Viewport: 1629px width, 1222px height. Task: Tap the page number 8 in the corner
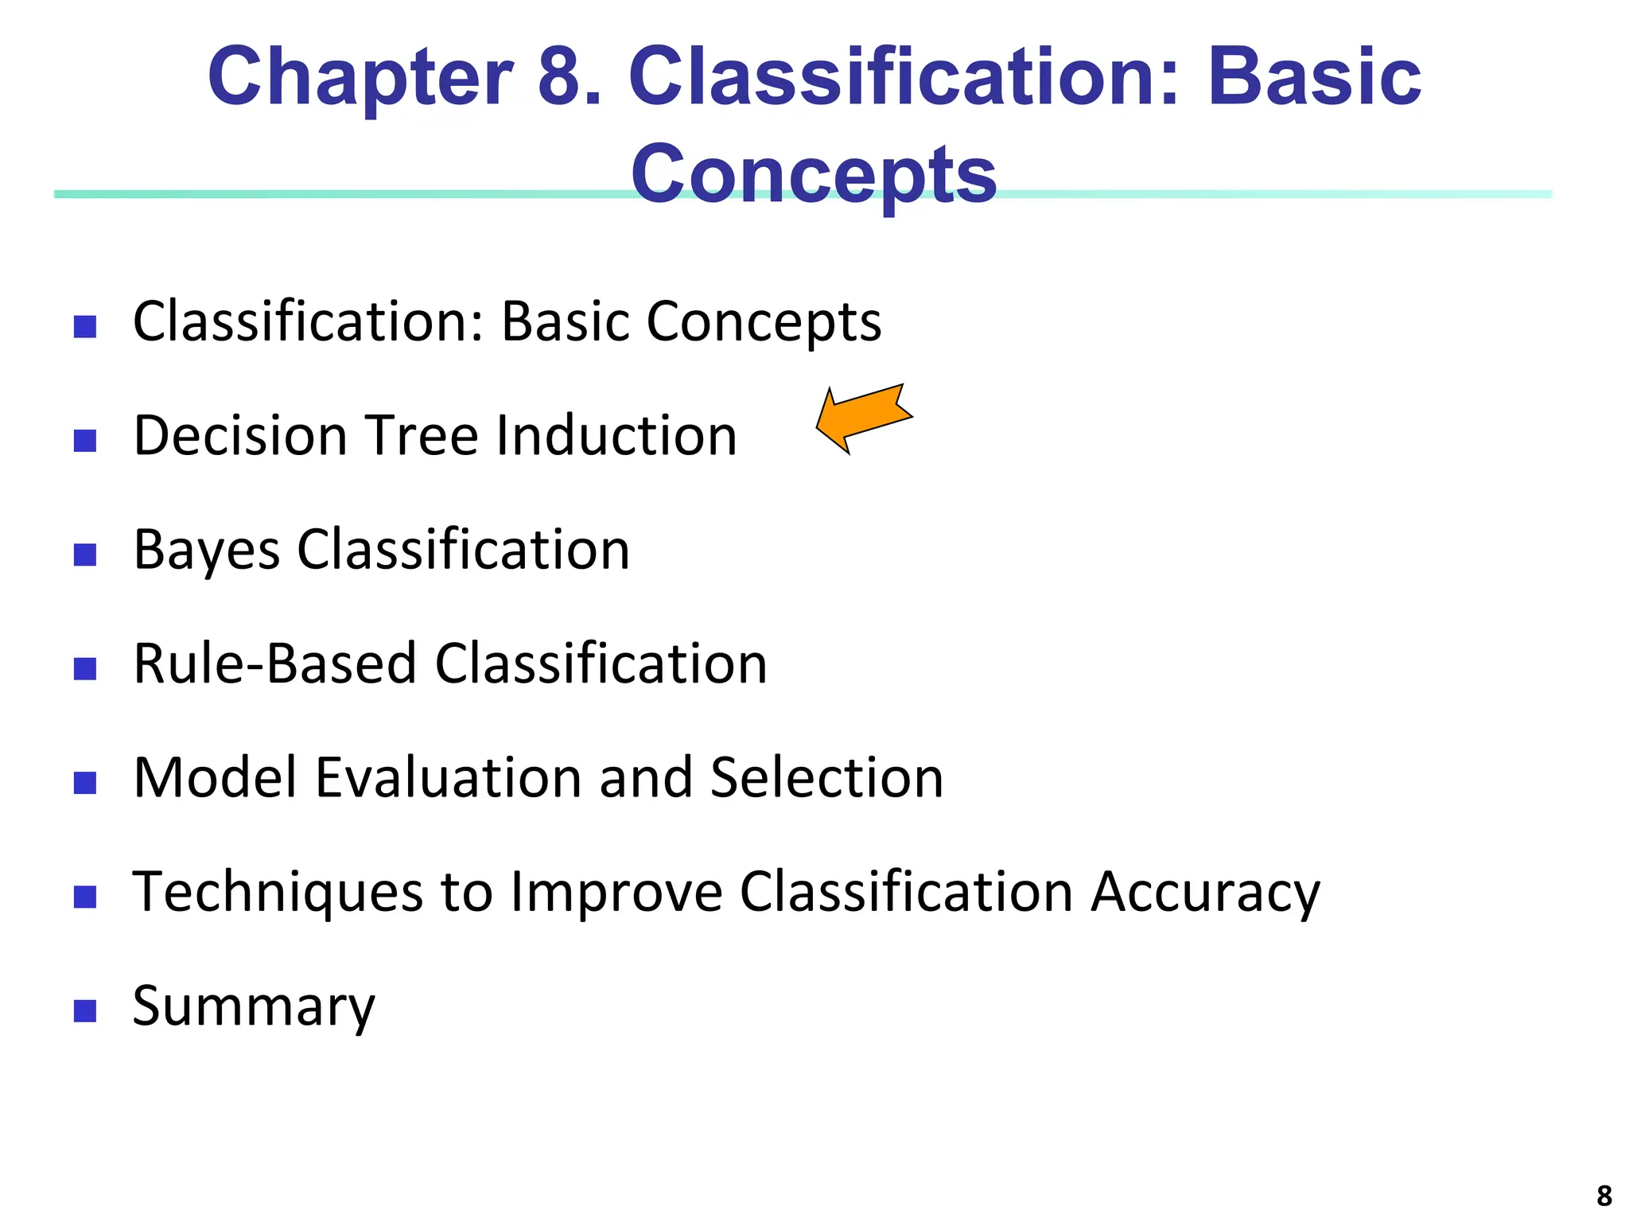[1604, 1196]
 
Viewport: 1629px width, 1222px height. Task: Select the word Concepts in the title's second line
[814, 174]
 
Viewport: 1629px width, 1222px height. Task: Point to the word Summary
[253, 1006]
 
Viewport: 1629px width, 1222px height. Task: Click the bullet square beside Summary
[84, 1010]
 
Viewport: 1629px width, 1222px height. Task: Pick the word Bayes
[207, 550]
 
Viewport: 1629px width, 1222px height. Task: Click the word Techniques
[278, 893]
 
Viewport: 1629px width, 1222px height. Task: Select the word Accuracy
[1205, 893]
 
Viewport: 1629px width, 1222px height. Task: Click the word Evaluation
[448, 778]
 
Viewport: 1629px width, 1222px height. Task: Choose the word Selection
[826, 778]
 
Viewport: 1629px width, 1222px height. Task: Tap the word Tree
[422, 436]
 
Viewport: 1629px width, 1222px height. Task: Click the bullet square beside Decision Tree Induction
[84, 440]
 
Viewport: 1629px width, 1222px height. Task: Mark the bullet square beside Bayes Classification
[84, 555]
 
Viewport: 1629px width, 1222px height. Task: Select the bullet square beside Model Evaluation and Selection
[84, 783]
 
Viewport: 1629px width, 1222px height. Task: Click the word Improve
[616, 893]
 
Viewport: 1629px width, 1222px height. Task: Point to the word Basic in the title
[1314, 77]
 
